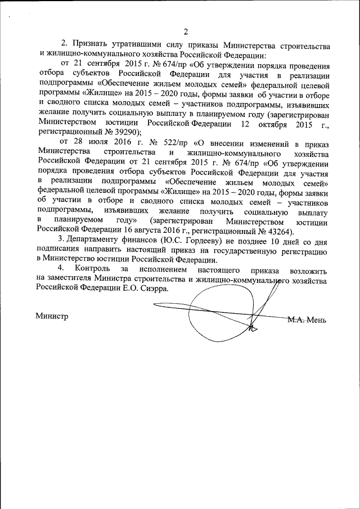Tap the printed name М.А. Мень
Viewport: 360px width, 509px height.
click(306, 319)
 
